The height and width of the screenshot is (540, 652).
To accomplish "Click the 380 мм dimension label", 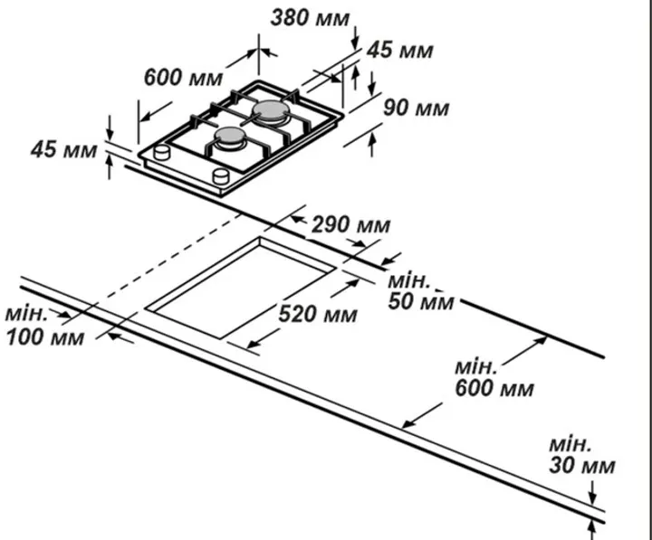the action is (310, 18).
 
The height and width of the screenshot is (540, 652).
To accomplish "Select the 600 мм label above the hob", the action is (183, 78).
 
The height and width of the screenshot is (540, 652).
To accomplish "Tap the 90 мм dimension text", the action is (416, 108).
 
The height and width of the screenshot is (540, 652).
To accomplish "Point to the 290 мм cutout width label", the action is (351, 224).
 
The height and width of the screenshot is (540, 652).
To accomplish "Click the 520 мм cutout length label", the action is (318, 314).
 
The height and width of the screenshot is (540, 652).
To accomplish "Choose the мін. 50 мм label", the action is (421, 291).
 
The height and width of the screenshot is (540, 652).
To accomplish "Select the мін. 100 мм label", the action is (45, 326).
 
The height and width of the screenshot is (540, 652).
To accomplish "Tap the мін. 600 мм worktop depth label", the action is (494, 378).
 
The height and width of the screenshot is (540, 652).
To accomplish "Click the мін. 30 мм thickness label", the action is (581, 455).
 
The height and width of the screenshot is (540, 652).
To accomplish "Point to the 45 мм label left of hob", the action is (63, 149).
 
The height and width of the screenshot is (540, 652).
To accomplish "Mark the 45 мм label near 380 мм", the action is (399, 51).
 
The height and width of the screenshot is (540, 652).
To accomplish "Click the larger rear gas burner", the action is (271, 112).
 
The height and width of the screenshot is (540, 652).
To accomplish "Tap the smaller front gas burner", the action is (230, 137).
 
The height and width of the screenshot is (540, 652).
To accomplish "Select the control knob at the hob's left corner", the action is (162, 152).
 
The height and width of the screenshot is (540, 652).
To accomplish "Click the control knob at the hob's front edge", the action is (221, 175).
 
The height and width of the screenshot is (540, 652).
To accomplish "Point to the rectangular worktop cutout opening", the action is (240, 288).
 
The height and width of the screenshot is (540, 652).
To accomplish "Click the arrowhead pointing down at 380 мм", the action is (355, 44).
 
